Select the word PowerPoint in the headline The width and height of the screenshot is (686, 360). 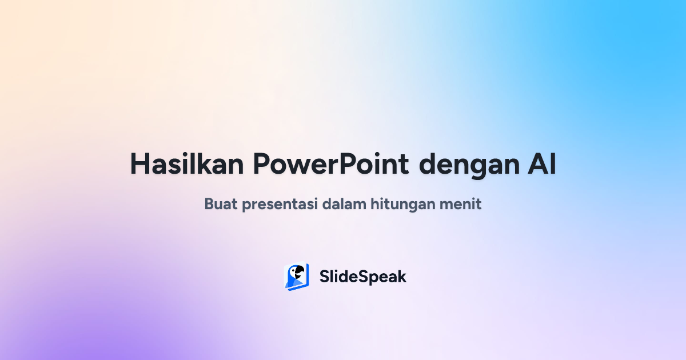click(x=331, y=165)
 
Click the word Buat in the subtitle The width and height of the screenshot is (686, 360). click(x=220, y=203)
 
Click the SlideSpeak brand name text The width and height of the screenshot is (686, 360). click(x=362, y=277)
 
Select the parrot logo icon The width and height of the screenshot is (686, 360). click(x=296, y=277)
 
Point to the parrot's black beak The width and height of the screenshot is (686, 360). click(x=299, y=274)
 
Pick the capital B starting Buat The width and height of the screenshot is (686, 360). click(x=209, y=203)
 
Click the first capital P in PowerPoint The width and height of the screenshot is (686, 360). click(x=261, y=165)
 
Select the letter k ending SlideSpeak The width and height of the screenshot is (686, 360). click(x=402, y=277)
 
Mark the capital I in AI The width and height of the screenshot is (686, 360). click(x=552, y=164)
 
